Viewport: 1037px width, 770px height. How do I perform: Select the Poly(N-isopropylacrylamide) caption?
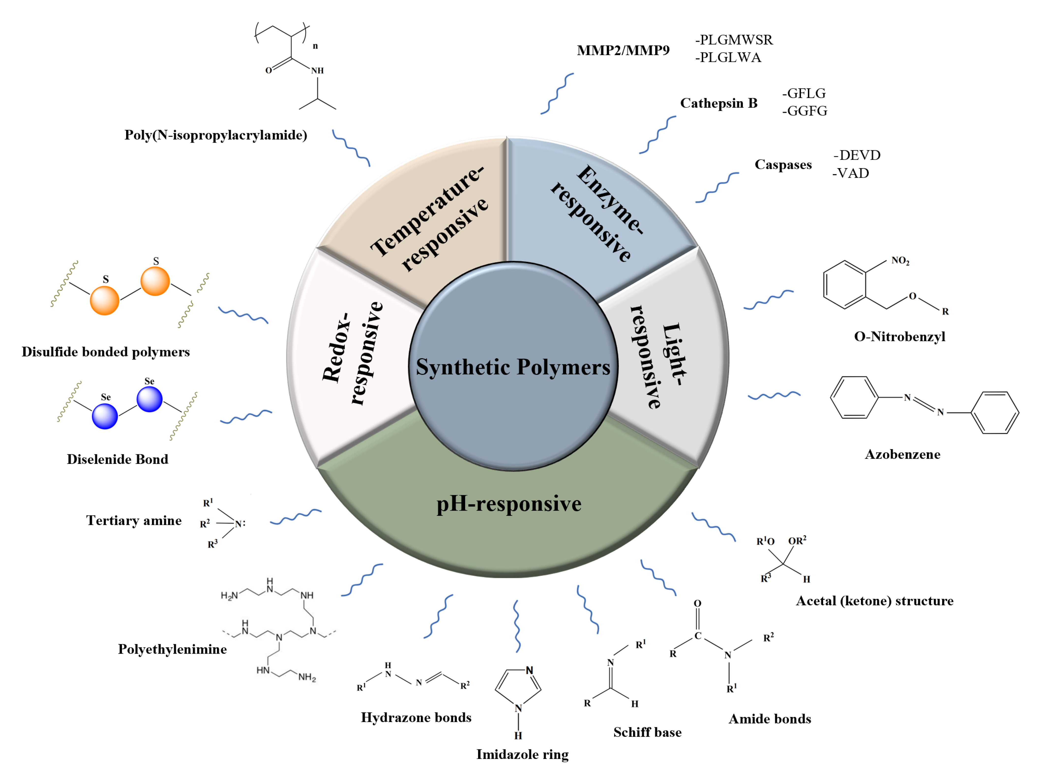pyautogui.click(x=216, y=135)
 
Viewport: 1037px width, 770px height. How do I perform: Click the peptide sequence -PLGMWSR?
pyautogui.click(x=734, y=40)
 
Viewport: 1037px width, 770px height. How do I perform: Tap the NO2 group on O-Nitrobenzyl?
pyautogui.click(x=900, y=261)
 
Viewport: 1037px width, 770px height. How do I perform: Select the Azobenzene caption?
pyautogui.click(x=902, y=454)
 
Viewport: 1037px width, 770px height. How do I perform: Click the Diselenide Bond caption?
pyautogui.click(x=118, y=459)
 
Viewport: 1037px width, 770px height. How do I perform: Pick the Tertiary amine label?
pyautogui.click(x=134, y=521)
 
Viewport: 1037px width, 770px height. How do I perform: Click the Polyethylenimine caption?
pyautogui.click(x=172, y=649)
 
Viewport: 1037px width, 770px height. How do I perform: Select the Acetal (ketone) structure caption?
pyautogui.click(x=874, y=601)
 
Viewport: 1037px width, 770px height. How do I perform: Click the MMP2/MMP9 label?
pyautogui.click(x=623, y=50)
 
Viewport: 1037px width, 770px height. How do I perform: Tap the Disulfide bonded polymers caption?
pyautogui.click(x=106, y=352)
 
